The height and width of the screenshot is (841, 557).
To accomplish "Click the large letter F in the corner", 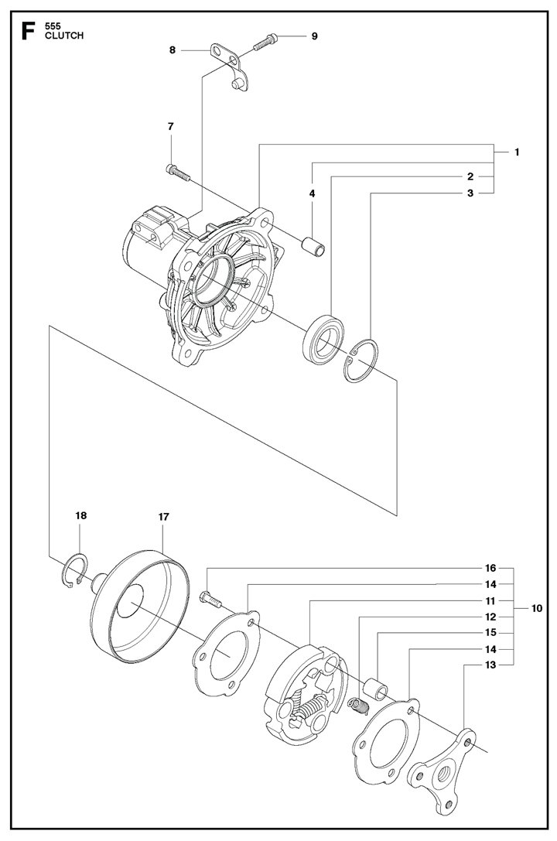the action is point(28,31).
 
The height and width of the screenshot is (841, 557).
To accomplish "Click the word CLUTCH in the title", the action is point(63,36).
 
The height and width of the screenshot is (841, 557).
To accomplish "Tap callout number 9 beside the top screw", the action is point(314,36).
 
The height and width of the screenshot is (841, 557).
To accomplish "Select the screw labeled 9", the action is point(264,41).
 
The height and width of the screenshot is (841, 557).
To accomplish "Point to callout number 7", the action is point(170,127).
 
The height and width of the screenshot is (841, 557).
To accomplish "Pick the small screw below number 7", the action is point(178,172).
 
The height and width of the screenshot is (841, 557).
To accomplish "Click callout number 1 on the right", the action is point(517,152).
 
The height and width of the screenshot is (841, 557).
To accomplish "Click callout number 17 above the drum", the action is point(163,517).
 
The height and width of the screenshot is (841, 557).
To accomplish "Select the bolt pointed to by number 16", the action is point(210,600).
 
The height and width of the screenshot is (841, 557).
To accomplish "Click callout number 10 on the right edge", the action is point(536,608).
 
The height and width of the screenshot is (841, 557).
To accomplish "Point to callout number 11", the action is point(490,600).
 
